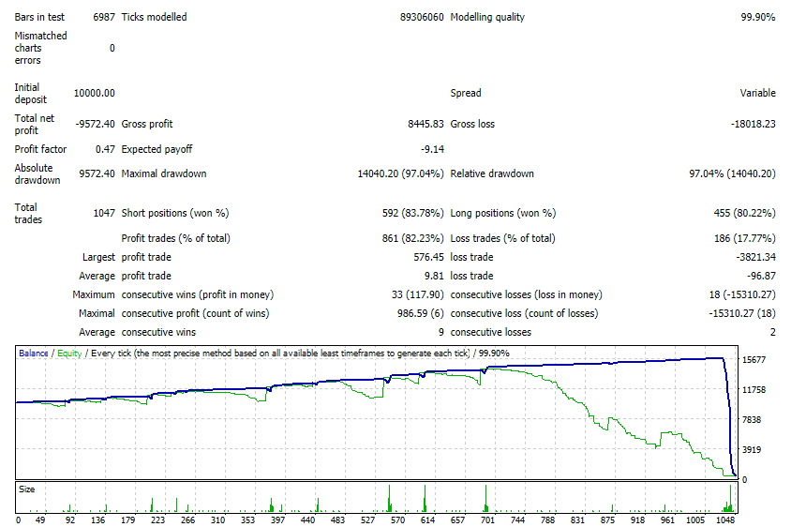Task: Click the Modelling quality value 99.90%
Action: (757, 17)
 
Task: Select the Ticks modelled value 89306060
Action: (422, 17)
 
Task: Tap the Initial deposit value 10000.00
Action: (95, 93)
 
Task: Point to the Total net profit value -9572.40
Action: (95, 124)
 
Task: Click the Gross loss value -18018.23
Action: (753, 124)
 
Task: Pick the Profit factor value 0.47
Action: (105, 149)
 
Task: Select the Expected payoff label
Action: (157, 149)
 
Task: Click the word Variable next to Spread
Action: (757, 93)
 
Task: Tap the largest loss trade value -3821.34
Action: (755, 257)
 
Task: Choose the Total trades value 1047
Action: (104, 213)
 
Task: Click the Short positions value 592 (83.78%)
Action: (412, 213)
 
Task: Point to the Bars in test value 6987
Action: (104, 17)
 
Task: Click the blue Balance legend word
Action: (34, 354)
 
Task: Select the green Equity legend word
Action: (69, 354)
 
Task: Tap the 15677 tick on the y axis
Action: (754, 360)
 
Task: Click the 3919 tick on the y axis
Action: (752, 449)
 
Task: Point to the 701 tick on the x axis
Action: (487, 519)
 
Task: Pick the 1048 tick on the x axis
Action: (725, 519)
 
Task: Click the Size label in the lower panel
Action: (27, 489)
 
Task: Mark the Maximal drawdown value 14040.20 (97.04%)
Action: (400, 173)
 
